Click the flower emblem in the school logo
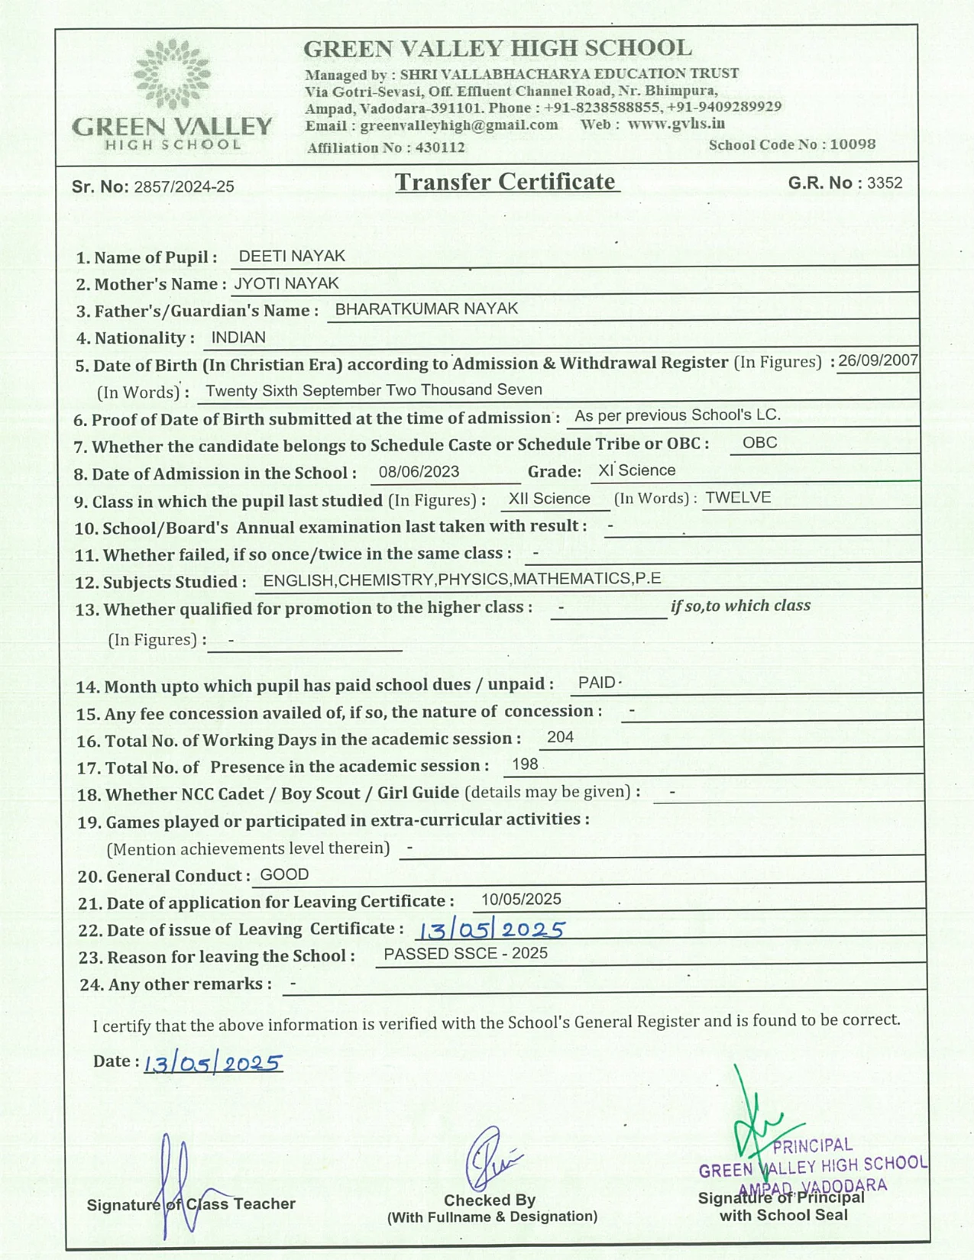172,73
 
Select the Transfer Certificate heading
505,182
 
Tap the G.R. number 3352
885,183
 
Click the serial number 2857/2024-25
184,187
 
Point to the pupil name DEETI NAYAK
292,256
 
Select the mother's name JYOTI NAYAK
286,283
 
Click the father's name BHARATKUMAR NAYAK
426,309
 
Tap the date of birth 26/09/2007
878,360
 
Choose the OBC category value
759,442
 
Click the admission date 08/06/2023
419,471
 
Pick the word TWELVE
738,498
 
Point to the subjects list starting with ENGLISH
461,579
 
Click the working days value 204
560,737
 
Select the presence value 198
525,764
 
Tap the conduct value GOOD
284,874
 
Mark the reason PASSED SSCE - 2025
465,953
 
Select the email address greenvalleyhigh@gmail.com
458,125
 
